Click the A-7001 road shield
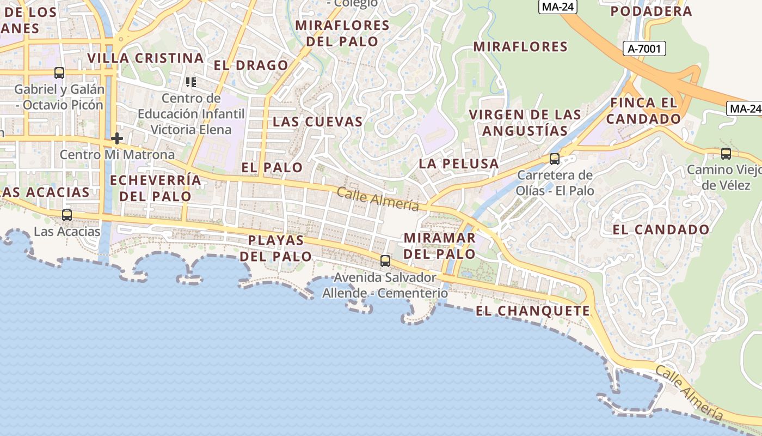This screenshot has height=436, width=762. [x=644, y=49]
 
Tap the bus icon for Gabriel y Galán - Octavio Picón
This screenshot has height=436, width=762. [x=59, y=72]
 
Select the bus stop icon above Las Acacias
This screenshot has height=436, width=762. [x=67, y=215]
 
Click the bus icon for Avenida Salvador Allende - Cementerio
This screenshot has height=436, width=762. [x=385, y=261]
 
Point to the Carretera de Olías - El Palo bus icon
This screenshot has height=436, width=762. [x=555, y=159]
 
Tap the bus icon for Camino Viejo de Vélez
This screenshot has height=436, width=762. [x=726, y=153]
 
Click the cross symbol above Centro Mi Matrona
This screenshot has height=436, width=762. [x=116, y=138]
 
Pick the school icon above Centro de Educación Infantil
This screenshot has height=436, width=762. [x=190, y=82]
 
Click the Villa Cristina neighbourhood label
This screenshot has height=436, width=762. [x=145, y=58]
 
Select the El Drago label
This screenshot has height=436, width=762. [x=250, y=65]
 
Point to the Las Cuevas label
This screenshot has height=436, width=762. [x=317, y=122]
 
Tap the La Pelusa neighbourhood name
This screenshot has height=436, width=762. [x=458, y=163]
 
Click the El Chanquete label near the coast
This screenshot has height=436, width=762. [x=532, y=311]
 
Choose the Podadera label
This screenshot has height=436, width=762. [x=651, y=11]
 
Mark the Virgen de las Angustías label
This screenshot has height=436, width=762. [x=525, y=123]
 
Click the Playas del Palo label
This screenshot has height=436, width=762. [x=276, y=248]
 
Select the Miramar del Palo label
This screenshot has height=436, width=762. [x=440, y=246]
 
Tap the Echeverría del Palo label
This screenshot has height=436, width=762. [x=155, y=188]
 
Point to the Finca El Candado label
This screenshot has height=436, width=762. [x=644, y=111]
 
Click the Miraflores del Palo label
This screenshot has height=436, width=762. [x=342, y=33]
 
